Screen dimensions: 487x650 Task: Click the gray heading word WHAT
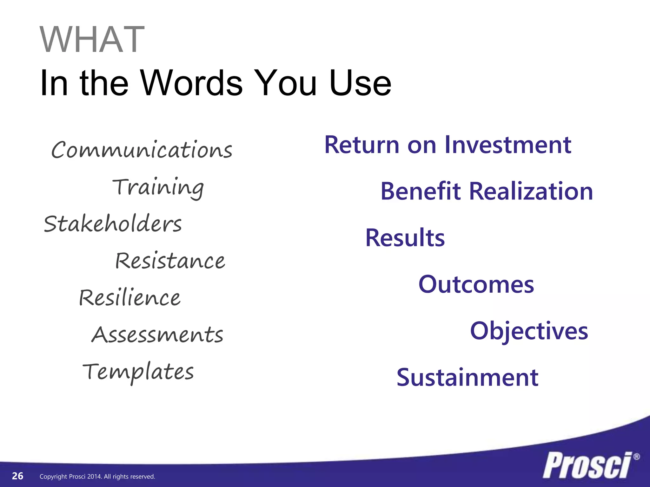[x=92, y=40]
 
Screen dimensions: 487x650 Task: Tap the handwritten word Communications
[x=142, y=150]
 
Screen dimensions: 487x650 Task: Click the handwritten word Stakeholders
[x=113, y=224]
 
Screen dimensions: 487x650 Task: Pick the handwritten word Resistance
[x=170, y=261]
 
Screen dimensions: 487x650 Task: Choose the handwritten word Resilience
[x=129, y=298]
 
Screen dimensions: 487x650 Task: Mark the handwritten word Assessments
[x=157, y=335]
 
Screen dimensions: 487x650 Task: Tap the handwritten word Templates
[x=138, y=372]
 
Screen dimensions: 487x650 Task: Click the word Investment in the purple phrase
[x=508, y=145]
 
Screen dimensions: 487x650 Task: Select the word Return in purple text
[x=361, y=145]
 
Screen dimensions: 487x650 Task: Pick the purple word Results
[x=405, y=238]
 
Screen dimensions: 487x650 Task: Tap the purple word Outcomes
[x=476, y=284]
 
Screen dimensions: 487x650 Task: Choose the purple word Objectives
[x=529, y=331]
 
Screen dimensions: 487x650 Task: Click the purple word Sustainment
[x=467, y=378]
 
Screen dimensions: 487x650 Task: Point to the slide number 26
[x=17, y=476]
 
